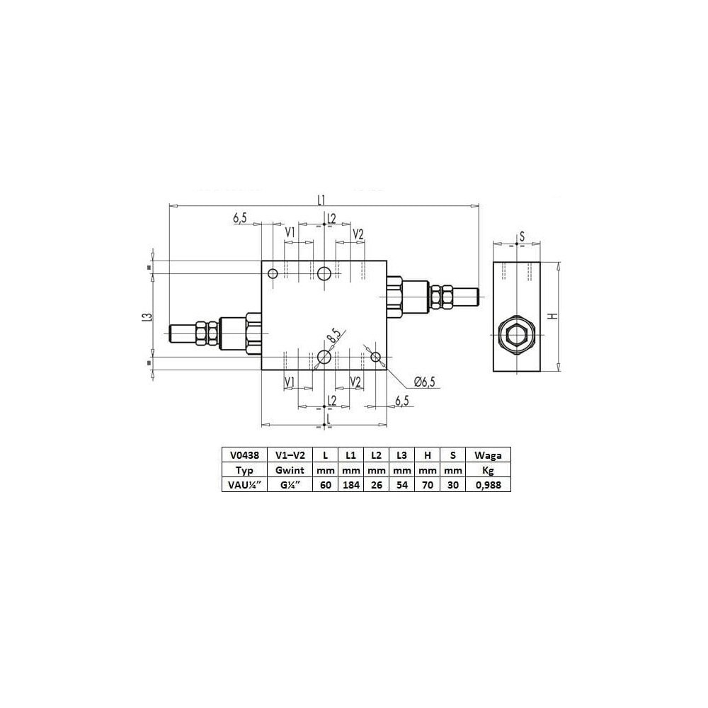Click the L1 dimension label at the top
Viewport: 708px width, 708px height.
pyautogui.click(x=321, y=199)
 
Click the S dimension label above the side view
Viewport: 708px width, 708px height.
pyautogui.click(x=522, y=236)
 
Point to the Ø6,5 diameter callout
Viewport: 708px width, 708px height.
pyautogui.click(x=424, y=382)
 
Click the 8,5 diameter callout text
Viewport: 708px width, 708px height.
pyautogui.click(x=334, y=336)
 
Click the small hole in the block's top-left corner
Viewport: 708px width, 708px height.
pyautogui.click(x=273, y=273)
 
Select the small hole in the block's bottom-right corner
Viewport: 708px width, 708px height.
pyautogui.click(x=376, y=357)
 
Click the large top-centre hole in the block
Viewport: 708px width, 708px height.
pyautogui.click(x=324, y=273)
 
